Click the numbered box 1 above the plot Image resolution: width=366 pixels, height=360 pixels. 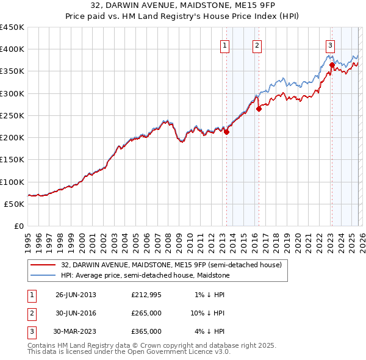[225, 45]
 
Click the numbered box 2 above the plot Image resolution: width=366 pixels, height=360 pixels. [257, 45]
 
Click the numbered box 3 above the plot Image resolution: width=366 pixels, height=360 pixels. [330, 45]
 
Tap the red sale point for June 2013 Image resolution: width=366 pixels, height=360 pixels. [226, 131]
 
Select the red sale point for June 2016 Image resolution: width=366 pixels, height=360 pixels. [259, 109]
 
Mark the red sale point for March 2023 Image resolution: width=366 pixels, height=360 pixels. [331, 65]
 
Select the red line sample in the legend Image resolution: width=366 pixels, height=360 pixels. [43, 265]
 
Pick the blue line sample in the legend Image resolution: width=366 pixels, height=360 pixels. [43, 276]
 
